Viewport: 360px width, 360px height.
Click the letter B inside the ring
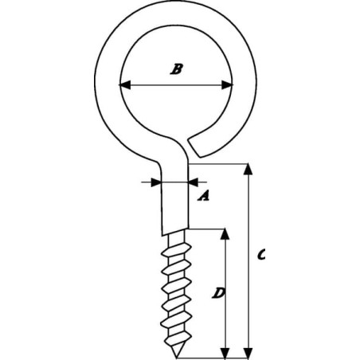(176, 69)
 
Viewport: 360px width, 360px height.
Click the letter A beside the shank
(204, 196)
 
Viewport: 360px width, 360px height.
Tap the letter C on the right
(261, 255)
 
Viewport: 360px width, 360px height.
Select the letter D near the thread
(218, 293)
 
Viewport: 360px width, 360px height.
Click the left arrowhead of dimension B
(124, 85)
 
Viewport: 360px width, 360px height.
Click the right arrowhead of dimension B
(227, 85)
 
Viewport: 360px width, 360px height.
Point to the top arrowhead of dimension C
(248, 170)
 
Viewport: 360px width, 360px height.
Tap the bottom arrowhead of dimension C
(248, 352)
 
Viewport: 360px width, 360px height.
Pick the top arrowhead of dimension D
(225, 234)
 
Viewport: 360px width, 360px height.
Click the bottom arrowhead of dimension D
(225, 352)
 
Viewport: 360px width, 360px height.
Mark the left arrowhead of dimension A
(156, 182)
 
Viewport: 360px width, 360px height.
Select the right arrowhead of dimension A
(194, 182)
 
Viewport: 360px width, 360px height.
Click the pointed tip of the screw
(177, 357)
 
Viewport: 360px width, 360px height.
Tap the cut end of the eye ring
(196, 147)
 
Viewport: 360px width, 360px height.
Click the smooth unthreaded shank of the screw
(174, 202)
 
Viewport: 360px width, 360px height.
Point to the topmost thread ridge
(178, 249)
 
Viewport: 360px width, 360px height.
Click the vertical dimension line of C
(248, 261)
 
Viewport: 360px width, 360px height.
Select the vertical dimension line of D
(225, 293)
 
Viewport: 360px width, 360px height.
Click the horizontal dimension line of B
(176, 85)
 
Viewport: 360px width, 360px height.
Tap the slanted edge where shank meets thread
(175, 232)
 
